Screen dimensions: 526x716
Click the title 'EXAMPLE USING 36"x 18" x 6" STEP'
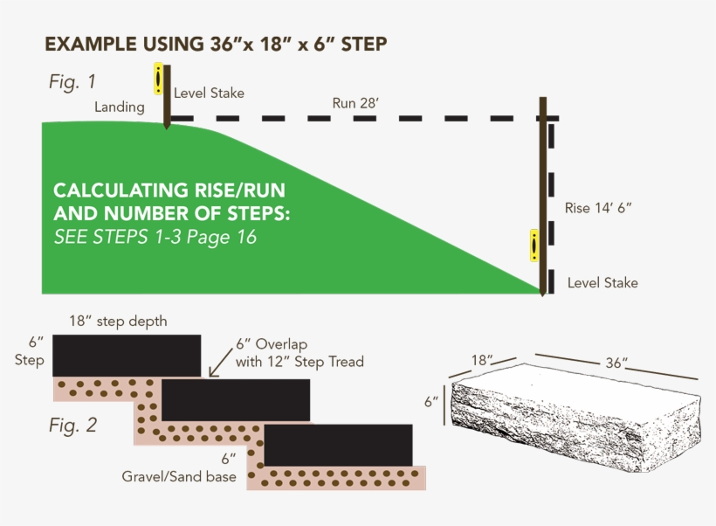click(x=216, y=44)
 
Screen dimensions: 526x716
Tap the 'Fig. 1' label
click(x=72, y=82)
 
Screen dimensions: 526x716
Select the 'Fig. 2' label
click(x=73, y=426)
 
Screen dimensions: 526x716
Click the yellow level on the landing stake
click(x=158, y=78)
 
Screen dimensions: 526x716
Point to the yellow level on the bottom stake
click(x=534, y=246)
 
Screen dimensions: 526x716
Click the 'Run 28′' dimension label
click(x=355, y=102)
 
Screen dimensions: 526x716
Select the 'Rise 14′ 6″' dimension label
click(x=598, y=208)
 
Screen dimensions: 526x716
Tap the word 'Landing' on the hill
click(x=120, y=107)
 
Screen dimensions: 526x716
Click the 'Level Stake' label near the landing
click(x=209, y=93)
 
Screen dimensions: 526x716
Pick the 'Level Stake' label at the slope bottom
click(x=602, y=282)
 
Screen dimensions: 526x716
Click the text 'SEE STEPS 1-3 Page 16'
click(x=155, y=236)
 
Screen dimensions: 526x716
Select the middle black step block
click(x=236, y=400)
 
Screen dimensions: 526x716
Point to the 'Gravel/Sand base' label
click(x=179, y=477)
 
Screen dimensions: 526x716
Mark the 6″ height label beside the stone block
click(x=430, y=402)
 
